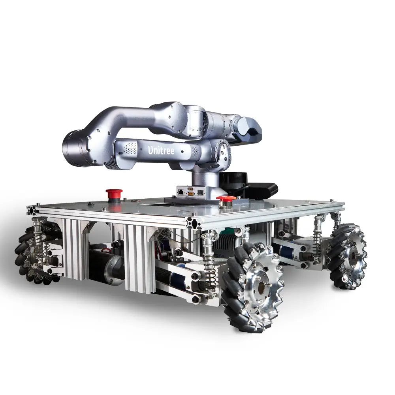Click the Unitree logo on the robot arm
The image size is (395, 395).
point(161,150)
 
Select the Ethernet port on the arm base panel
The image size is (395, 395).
point(181,192)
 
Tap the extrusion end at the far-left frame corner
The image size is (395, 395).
point(32,210)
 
